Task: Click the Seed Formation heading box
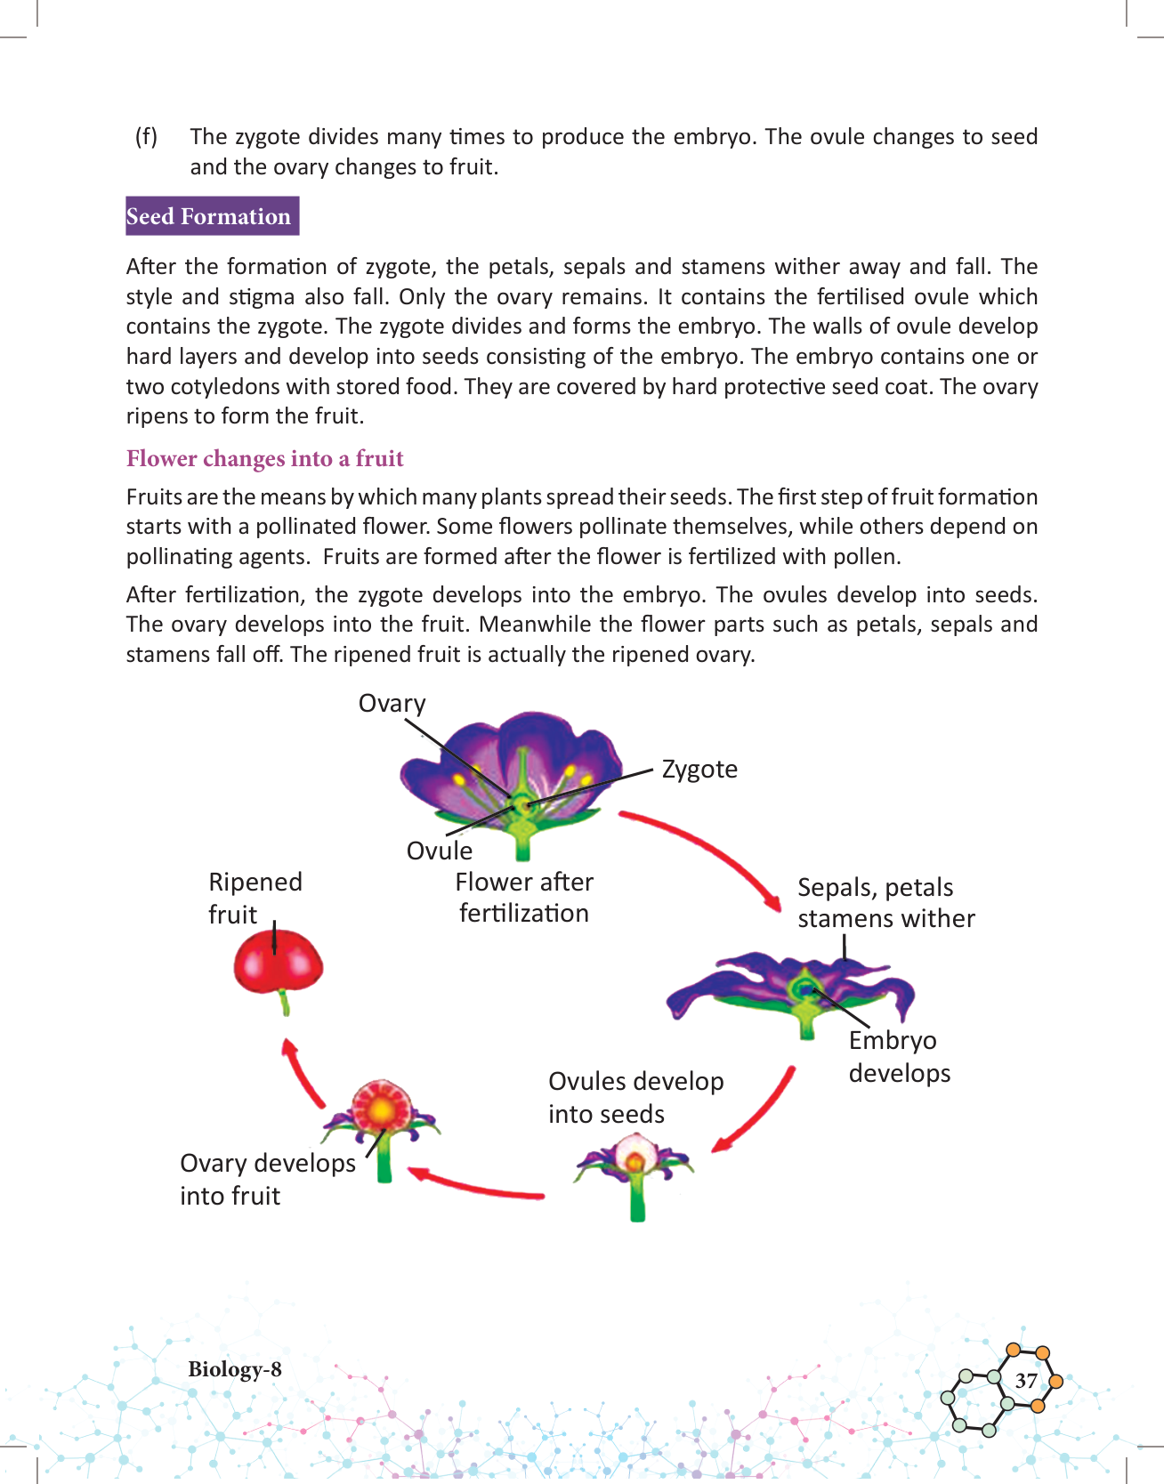(x=212, y=216)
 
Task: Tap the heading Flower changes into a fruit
(x=264, y=458)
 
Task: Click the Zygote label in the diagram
(x=699, y=769)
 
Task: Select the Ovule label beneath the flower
(x=439, y=851)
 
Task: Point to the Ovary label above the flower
(x=392, y=704)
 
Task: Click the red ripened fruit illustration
(x=278, y=964)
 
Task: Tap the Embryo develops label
(x=899, y=1056)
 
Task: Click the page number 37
(x=1026, y=1380)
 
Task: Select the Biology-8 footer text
(x=234, y=1368)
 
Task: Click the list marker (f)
(x=146, y=136)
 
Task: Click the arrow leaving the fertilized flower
(x=703, y=854)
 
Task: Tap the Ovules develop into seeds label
(x=635, y=1097)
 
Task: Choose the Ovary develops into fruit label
(x=267, y=1179)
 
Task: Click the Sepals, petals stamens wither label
(x=885, y=902)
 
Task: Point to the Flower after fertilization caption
(x=524, y=897)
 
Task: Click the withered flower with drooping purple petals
(x=792, y=992)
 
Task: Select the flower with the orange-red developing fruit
(x=382, y=1121)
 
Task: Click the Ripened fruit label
(x=255, y=898)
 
